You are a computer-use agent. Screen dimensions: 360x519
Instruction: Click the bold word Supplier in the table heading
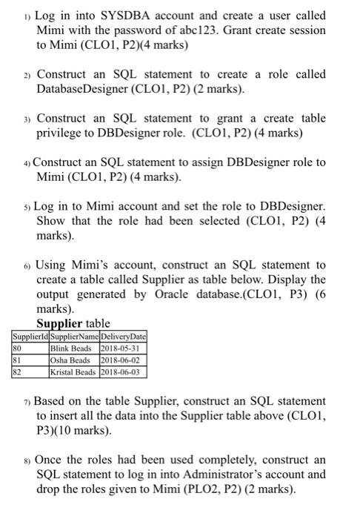[x=59, y=323]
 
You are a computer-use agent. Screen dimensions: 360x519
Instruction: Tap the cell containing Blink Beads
[x=71, y=348]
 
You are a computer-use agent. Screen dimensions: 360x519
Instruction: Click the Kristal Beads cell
[x=73, y=371]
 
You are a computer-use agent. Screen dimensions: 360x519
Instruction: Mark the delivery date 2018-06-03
[x=121, y=371]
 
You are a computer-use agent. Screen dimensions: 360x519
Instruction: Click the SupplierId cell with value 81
[x=17, y=360]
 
